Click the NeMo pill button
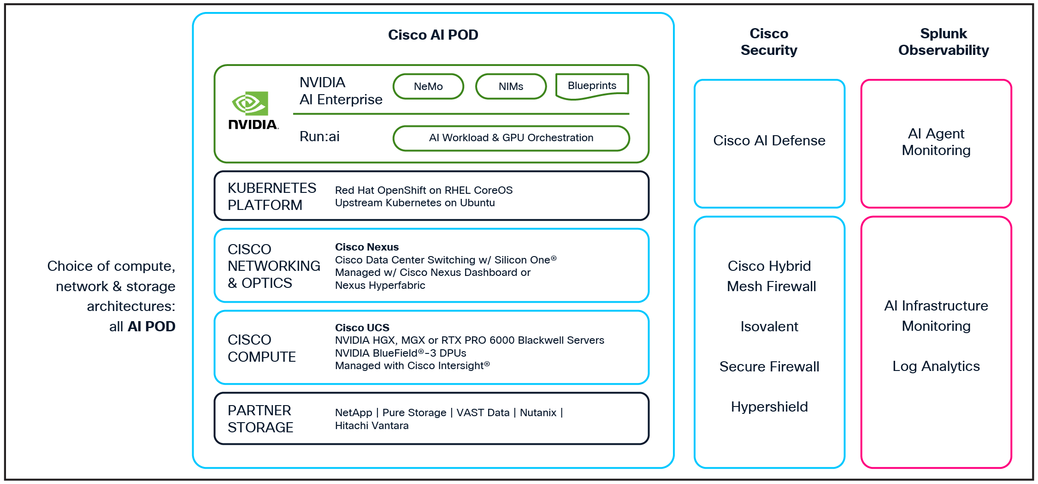[428, 86]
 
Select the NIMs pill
[511, 86]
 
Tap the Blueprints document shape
[592, 86]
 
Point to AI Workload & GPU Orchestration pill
[511, 138]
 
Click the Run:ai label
[319, 137]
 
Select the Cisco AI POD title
[433, 35]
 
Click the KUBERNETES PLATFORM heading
[271, 196]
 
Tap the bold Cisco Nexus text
[366, 247]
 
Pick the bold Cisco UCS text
[362, 328]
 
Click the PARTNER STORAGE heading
[260, 418]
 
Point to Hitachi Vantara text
[372, 425]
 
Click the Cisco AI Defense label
[769, 140]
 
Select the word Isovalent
[769, 326]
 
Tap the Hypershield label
[769, 406]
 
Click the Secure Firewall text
[769, 366]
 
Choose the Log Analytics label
[936, 366]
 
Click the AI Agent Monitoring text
[936, 142]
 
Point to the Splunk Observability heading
[943, 42]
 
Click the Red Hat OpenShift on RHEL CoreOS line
[423, 190]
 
